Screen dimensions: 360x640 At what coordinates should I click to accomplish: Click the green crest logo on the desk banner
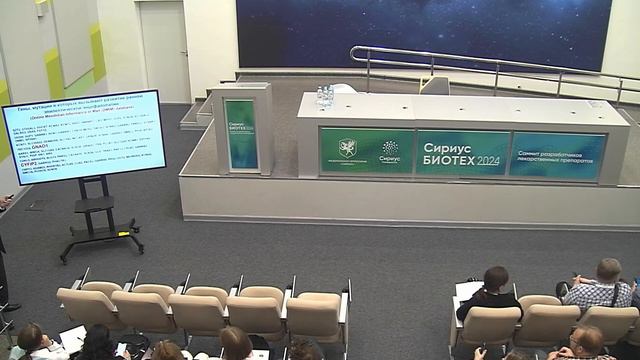347,148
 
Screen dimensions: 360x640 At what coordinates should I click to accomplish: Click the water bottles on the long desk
325,97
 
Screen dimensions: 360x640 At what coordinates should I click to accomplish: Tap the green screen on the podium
240,134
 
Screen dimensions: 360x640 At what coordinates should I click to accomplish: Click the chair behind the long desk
435,86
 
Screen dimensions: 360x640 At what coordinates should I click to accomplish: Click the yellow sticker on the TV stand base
124,233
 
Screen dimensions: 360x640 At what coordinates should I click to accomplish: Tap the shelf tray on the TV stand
95,205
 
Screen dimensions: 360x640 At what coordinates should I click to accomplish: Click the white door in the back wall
165,50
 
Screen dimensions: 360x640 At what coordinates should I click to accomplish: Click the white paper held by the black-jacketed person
469,290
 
